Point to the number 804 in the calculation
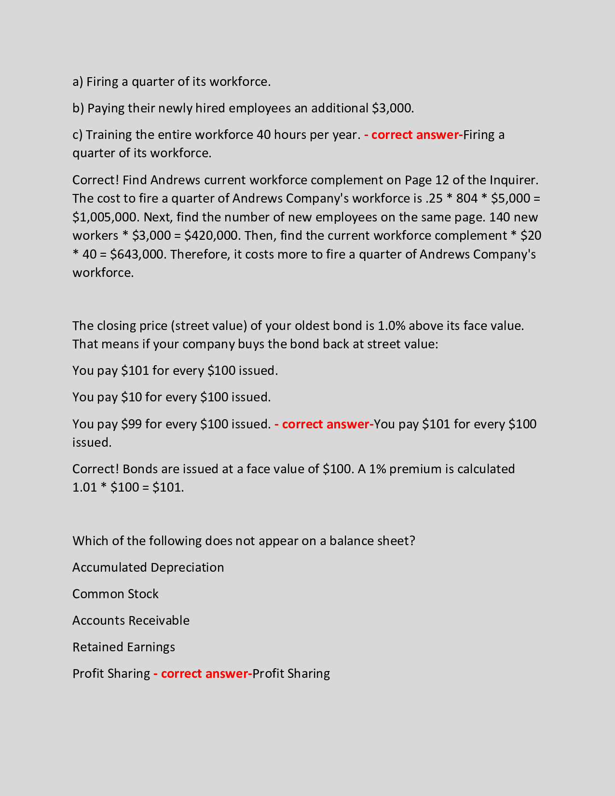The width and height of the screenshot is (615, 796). point(466,198)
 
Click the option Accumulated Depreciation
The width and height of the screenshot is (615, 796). point(148,567)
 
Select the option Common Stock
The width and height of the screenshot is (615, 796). point(115,594)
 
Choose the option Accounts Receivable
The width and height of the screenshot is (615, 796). point(131,620)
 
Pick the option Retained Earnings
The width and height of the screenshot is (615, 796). point(123,647)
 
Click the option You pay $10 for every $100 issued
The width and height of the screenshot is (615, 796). point(171,397)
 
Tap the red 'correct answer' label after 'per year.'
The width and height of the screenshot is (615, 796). point(413,135)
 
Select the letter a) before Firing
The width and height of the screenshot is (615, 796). point(78,82)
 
